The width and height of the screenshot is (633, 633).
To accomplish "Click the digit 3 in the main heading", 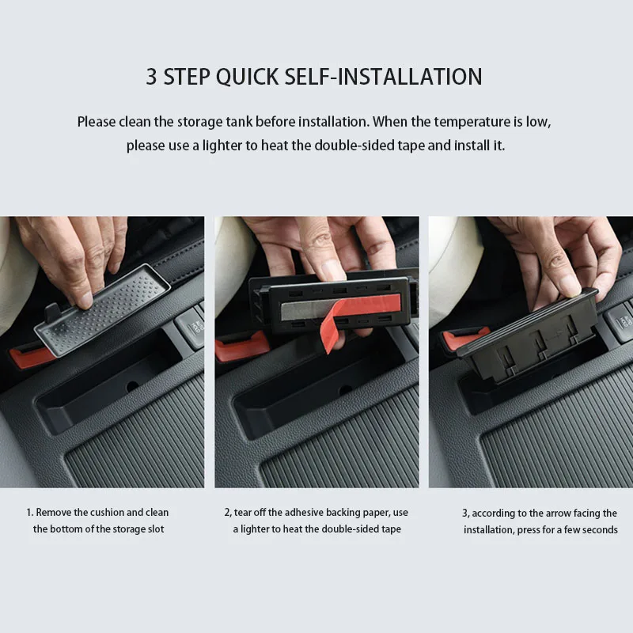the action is point(151,77).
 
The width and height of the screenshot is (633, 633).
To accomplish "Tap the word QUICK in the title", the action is point(247,77).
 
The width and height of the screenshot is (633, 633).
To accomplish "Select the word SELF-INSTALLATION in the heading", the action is point(384,77).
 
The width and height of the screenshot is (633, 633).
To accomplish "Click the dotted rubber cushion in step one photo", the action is point(102,309).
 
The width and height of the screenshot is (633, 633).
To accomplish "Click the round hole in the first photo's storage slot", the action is point(132,386).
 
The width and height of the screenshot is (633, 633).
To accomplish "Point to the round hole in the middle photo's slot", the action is point(346,390).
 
